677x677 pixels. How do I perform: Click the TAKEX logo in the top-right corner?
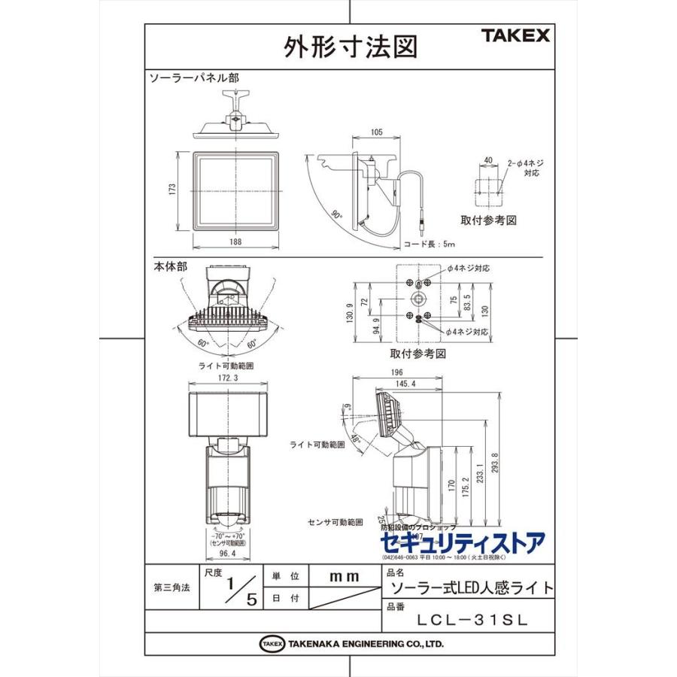515,35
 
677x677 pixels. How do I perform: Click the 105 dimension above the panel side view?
377,132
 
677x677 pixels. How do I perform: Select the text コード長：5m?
430,244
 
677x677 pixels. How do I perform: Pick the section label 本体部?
171,266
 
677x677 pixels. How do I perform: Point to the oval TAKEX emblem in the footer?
272,644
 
